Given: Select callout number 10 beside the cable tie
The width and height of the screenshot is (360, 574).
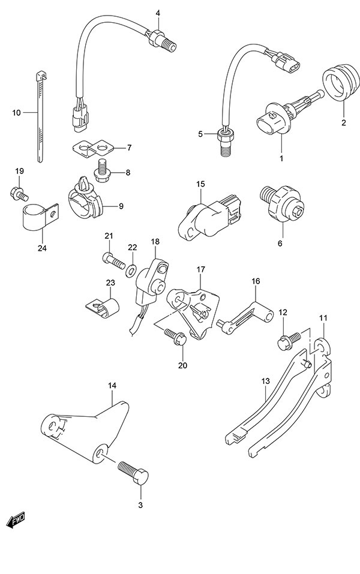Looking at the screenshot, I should pos(16,112).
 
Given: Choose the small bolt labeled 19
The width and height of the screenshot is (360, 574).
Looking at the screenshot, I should pos(19,194).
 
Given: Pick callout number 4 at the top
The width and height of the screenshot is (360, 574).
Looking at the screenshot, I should pos(158,13).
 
